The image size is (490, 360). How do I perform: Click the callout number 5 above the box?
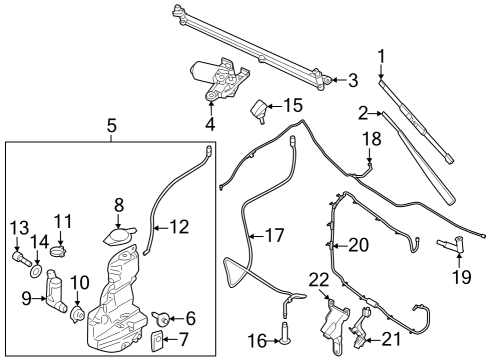(x=111, y=126)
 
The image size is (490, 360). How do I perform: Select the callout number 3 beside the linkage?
(x=351, y=80)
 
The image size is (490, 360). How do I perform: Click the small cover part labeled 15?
(x=262, y=111)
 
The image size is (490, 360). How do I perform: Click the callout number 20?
(x=357, y=244)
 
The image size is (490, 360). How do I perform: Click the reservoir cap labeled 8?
(x=119, y=235)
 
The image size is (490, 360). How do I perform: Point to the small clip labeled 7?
(x=157, y=343)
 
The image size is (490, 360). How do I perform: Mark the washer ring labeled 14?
(x=37, y=269)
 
